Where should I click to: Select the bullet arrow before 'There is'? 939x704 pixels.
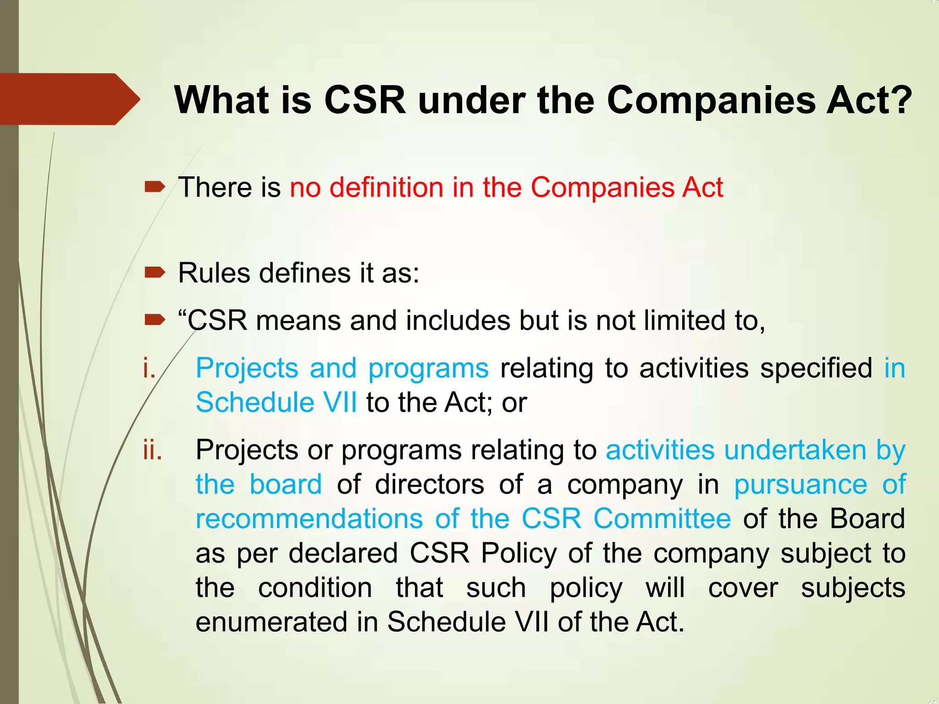pyautogui.click(x=155, y=187)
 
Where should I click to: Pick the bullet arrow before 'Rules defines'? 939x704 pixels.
pyautogui.click(x=155, y=273)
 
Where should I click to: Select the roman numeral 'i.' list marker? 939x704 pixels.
pyautogui.click(x=149, y=368)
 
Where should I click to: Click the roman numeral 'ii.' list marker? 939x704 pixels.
pyautogui.click(x=152, y=450)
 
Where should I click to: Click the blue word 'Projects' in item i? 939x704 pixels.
pyautogui.click(x=247, y=368)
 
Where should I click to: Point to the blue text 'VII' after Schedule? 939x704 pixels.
pyautogui.click(x=340, y=402)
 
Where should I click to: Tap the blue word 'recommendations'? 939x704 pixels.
pyautogui.click(x=309, y=519)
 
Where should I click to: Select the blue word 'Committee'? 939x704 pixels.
pyautogui.click(x=662, y=519)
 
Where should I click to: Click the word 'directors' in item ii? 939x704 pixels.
pyautogui.click(x=429, y=484)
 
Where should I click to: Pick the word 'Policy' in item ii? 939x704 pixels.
pyautogui.click(x=519, y=553)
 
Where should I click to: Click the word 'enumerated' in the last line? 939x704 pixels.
pyautogui.click(x=271, y=622)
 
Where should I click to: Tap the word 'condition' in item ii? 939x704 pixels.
pyautogui.click(x=315, y=588)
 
